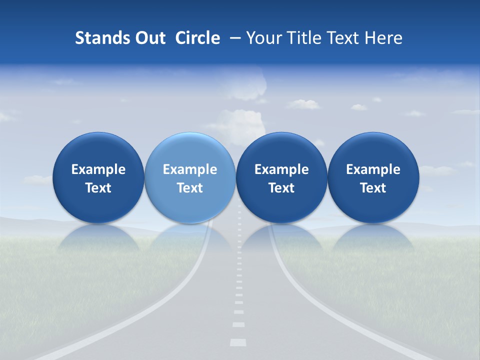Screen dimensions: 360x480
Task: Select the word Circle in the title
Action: point(197,38)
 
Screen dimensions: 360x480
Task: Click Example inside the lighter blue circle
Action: point(190,169)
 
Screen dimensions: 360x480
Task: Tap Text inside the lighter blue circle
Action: point(190,188)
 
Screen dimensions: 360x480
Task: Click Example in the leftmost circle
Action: point(98,169)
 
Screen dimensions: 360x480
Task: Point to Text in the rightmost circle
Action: point(373,188)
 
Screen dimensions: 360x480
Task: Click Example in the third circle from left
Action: point(281,169)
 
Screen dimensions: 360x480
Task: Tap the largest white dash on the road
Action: point(238,342)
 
